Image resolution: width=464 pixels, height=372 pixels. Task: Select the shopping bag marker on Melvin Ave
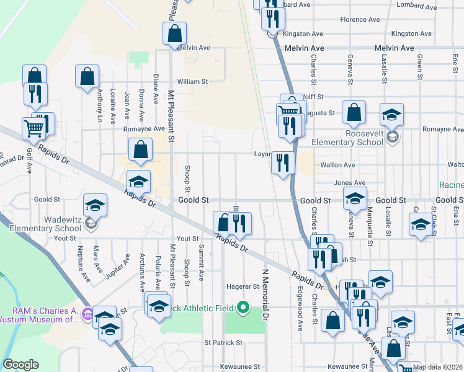(x=175, y=33)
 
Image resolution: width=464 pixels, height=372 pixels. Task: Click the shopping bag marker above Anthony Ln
(x=87, y=77)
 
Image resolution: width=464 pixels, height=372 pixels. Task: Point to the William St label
(x=192, y=81)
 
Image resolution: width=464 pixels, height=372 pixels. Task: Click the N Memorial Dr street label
(x=265, y=294)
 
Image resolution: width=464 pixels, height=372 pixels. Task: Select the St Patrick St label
(x=223, y=342)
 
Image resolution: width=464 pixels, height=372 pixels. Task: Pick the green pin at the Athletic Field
(x=244, y=307)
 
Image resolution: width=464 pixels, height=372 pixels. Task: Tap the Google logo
(x=21, y=365)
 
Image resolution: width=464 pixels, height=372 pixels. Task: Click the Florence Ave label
(x=360, y=20)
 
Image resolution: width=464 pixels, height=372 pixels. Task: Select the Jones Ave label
(x=349, y=183)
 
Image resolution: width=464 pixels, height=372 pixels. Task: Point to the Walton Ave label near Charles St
(x=337, y=165)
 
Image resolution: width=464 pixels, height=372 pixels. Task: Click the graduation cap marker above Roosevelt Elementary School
(x=391, y=114)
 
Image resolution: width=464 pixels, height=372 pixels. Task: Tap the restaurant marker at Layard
(x=283, y=163)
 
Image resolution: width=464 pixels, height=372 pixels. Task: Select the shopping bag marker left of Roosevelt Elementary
(x=354, y=112)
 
